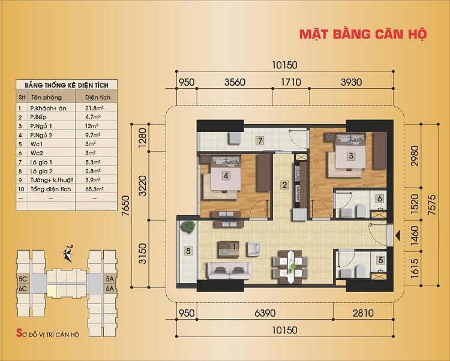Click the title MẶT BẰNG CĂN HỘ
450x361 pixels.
click(363, 34)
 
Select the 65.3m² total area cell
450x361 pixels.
click(94, 189)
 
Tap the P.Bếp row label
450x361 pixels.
click(38, 117)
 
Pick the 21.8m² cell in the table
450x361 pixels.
click(94, 108)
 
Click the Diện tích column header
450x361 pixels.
click(98, 97)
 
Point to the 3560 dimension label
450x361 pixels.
click(235, 82)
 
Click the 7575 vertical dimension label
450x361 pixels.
click(431, 205)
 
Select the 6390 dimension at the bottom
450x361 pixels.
click(265, 313)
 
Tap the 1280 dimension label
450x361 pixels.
click(142, 138)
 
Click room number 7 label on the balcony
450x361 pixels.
click(260, 141)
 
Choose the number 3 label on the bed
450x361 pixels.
click(351, 156)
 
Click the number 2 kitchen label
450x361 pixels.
click(284, 185)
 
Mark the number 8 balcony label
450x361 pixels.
click(188, 251)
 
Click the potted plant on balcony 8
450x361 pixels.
click(188, 227)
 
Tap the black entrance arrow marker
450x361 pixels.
click(398, 236)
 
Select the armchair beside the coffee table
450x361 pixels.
click(254, 249)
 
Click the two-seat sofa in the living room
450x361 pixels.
click(229, 270)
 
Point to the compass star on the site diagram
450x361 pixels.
click(68, 254)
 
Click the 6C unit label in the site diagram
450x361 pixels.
click(23, 288)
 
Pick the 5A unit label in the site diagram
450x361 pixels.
click(110, 279)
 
